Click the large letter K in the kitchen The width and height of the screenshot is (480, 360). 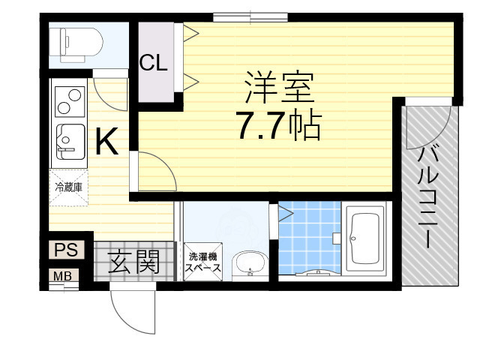[106, 141]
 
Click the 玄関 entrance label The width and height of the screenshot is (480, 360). [135, 262]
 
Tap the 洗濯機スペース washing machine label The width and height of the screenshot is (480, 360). [203, 262]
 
